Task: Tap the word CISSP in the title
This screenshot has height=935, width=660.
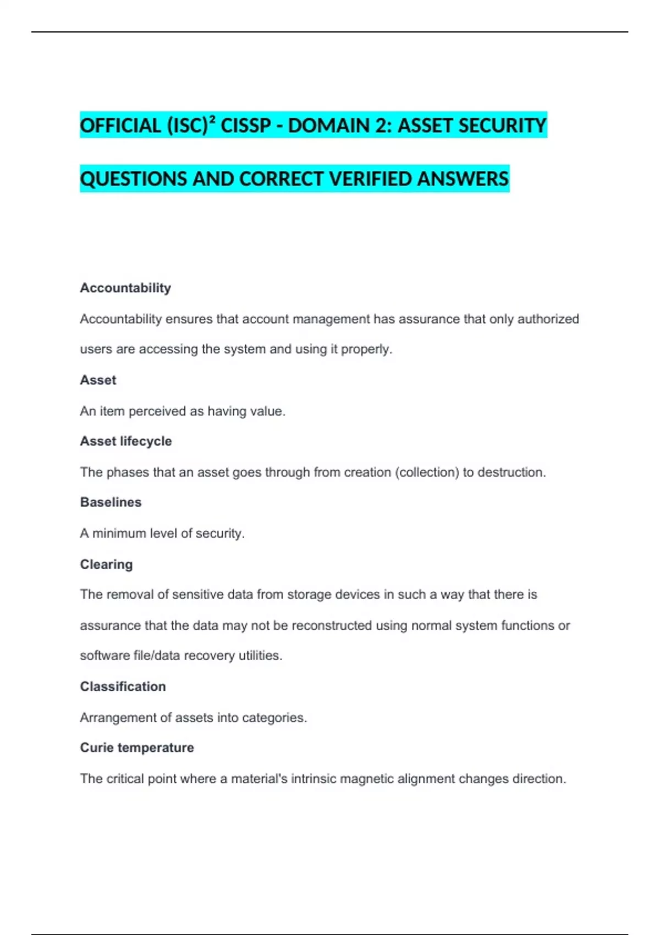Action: point(246,126)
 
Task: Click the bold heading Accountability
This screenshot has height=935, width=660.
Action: point(125,288)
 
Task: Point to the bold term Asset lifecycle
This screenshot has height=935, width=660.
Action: point(125,441)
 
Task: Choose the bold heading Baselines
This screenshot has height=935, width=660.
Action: point(111,502)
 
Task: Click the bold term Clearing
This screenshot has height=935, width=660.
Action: point(106,564)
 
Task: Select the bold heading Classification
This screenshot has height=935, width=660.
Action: point(123,686)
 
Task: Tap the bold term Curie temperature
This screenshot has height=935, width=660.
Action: point(137,747)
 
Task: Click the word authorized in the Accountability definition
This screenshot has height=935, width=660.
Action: point(548,319)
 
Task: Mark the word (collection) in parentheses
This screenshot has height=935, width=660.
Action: point(427,472)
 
